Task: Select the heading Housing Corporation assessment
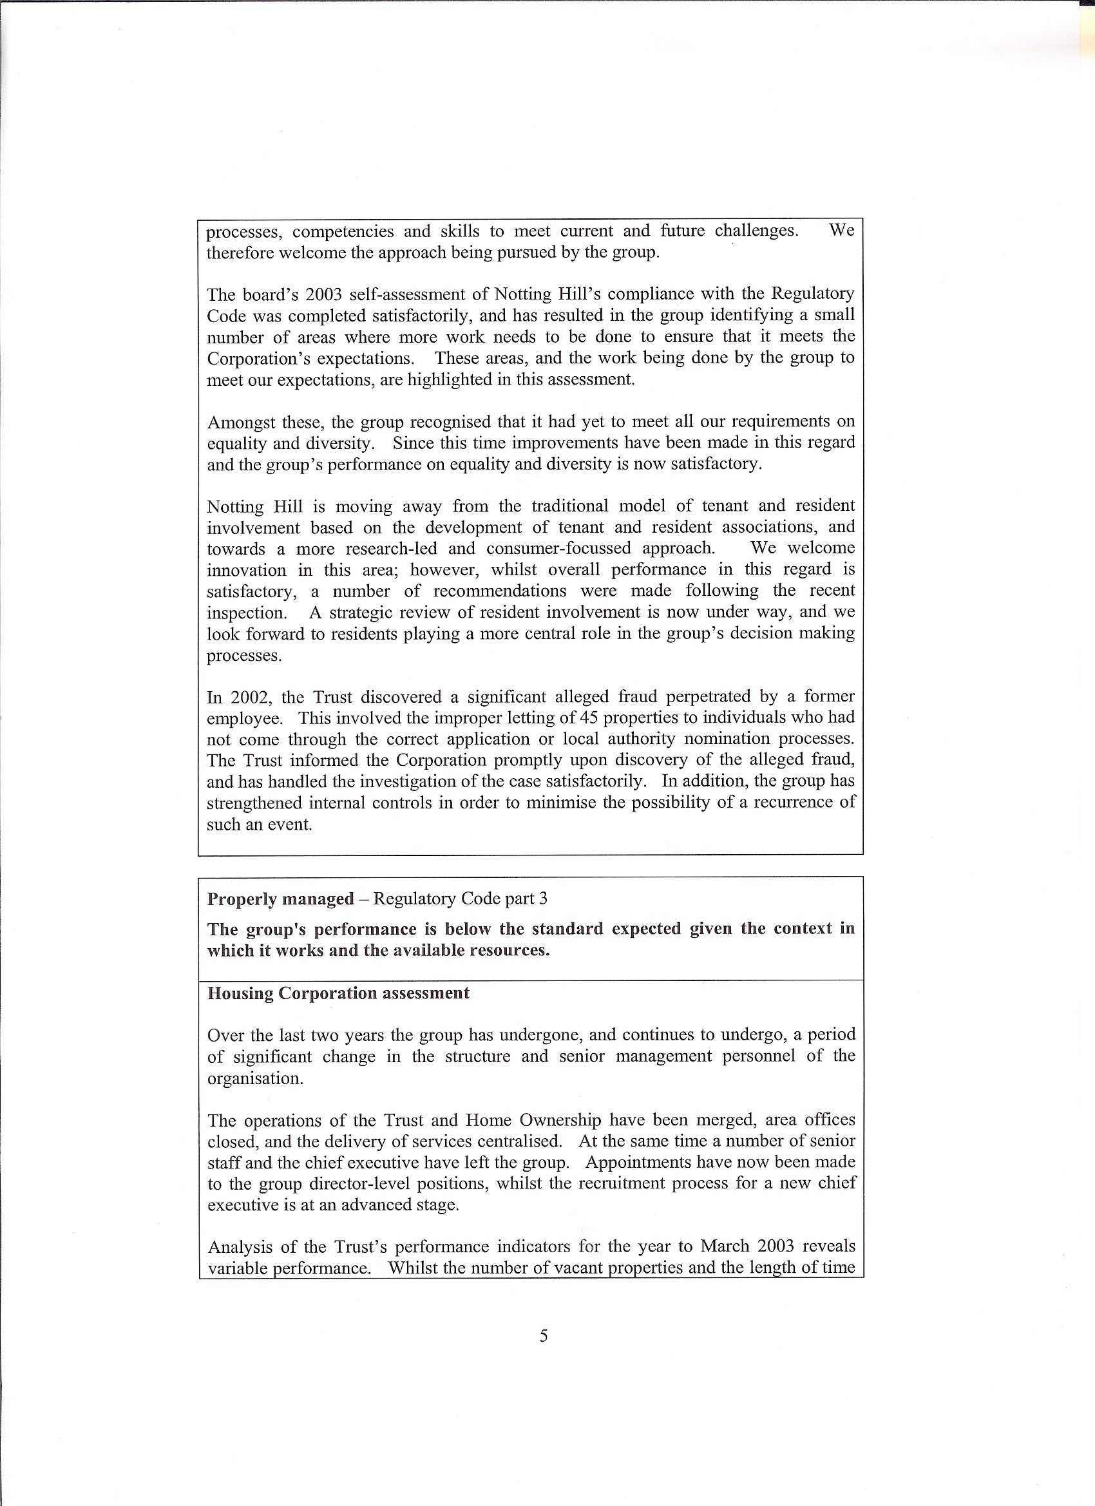tap(338, 993)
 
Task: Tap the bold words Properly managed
tap(280, 899)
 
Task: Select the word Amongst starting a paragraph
tap(240, 423)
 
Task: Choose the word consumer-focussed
tap(558, 548)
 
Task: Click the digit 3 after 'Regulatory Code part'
tap(543, 899)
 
